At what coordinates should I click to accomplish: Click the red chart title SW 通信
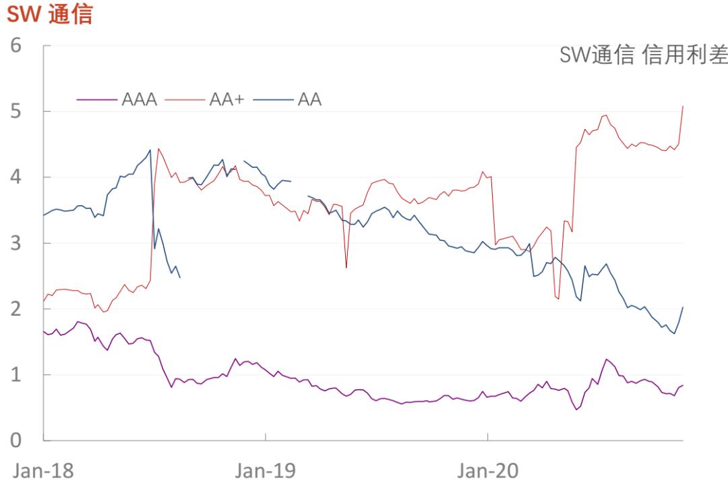click(x=49, y=13)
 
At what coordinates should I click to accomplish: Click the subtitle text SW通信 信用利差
click(x=643, y=57)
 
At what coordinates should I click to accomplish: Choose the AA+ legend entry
click(x=226, y=99)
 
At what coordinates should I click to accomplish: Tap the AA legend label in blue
click(x=309, y=99)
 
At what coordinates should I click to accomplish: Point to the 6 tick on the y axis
click(x=15, y=46)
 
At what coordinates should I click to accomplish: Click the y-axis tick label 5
click(x=15, y=111)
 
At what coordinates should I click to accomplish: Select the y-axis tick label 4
click(x=15, y=177)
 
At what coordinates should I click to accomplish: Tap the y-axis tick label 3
click(x=15, y=243)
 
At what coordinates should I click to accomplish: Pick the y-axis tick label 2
click(x=15, y=308)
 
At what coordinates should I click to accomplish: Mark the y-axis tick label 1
click(x=15, y=374)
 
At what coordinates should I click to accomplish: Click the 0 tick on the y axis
click(x=15, y=440)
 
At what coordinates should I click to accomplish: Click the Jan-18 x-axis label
click(x=43, y=470)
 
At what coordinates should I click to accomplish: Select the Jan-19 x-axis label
click(x=265, y=470)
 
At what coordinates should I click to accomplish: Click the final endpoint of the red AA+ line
click(x=683, y=106)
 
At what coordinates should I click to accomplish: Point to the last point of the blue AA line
click(x=683, y=308)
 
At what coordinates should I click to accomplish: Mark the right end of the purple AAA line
click(x=683, y=385)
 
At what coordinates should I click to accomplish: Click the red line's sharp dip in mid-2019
click(x=346, y=267)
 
